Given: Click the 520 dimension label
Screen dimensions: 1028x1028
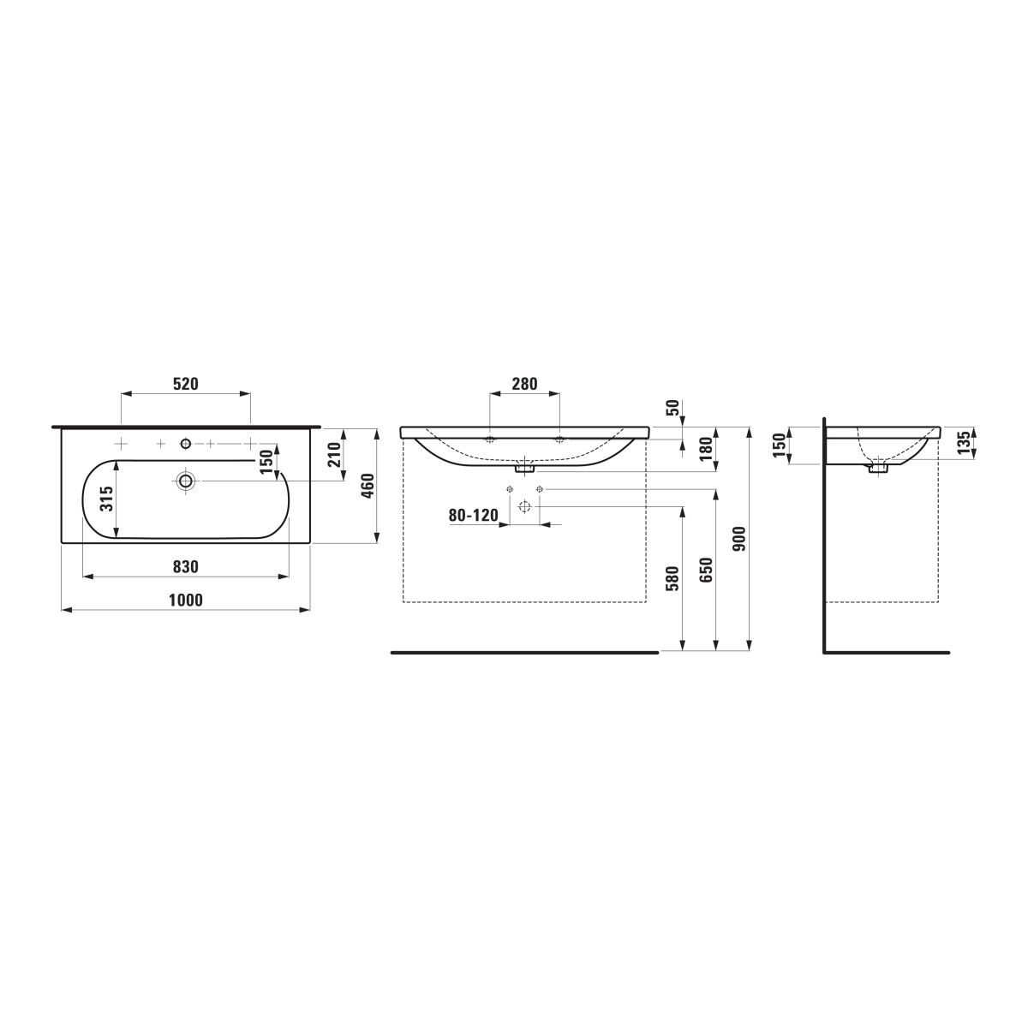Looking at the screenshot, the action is (x=186, y=384).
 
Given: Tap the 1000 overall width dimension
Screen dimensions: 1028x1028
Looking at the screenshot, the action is (x=186, y=601).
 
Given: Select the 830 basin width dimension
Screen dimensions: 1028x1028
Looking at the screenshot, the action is (x=186, y=566).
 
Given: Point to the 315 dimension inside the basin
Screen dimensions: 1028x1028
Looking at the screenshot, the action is (x=107, y=499).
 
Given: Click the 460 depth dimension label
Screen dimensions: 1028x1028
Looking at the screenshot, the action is (x=368, y=486).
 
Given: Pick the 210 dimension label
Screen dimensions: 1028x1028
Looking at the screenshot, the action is (x=334, y=455).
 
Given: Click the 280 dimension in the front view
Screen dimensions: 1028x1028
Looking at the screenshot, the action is (x=525, y=384).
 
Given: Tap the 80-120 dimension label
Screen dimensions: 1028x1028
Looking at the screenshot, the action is (x=473, y=516).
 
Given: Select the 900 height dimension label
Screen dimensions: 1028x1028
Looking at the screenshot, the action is (x=739, y=539).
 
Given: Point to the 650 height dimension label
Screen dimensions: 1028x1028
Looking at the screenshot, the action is (x=706, y=570).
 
